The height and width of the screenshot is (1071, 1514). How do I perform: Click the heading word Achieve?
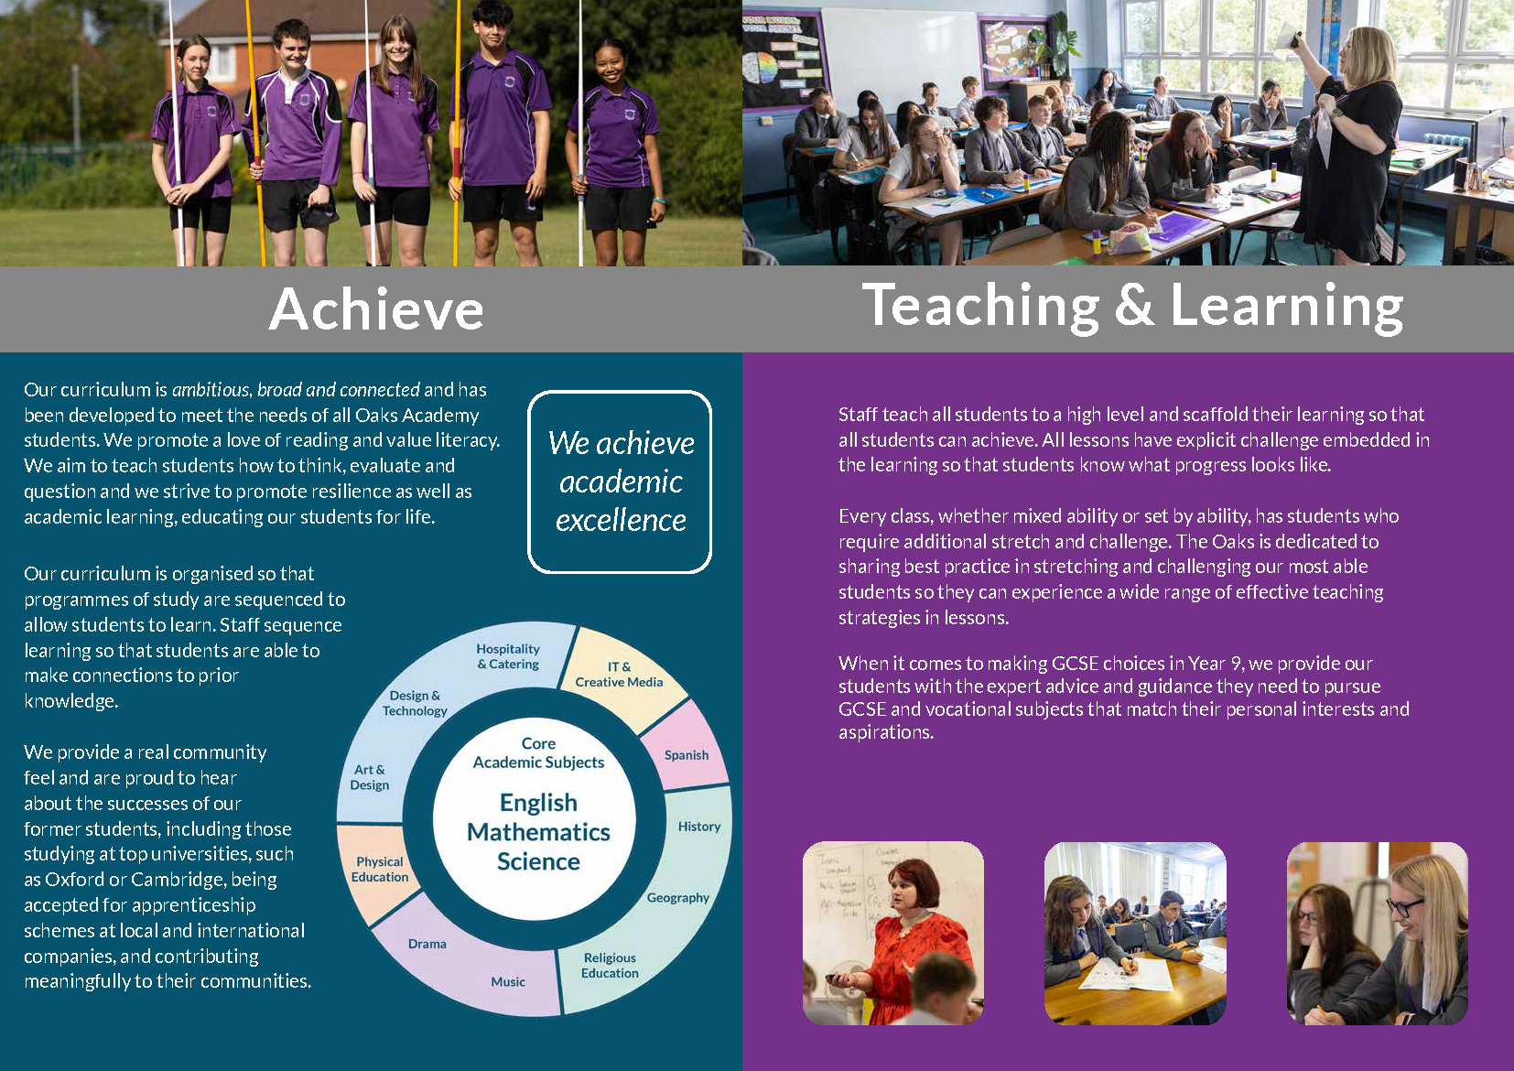[x=376, y=308]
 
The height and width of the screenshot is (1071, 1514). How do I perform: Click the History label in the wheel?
[x=698, y=827]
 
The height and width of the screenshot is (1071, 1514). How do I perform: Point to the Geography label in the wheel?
[x=678, y=897]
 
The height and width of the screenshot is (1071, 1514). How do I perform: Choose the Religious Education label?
[x=610, y=965]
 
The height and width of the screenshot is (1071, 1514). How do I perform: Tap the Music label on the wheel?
[x=508, y=981]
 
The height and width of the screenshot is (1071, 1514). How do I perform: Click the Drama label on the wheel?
[x=427, y=943]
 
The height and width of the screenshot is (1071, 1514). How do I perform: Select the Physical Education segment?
[x=379, y=871]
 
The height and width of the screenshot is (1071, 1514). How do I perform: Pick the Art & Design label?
[x=369, y=777]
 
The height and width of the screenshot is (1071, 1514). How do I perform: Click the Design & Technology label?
[x=415, y=703]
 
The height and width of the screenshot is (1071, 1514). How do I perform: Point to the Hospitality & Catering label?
[x=508, y=656]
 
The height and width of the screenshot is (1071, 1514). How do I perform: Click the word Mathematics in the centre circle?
[x=538, y=832]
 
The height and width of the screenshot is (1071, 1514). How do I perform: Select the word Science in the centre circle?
[x=538, y=861]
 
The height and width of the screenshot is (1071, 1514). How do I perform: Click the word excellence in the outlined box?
[x=621, y=520]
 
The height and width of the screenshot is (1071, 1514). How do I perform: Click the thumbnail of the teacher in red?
[x=892, y=933]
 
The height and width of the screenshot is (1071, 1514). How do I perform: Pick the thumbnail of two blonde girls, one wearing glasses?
[x=1378, y=933]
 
